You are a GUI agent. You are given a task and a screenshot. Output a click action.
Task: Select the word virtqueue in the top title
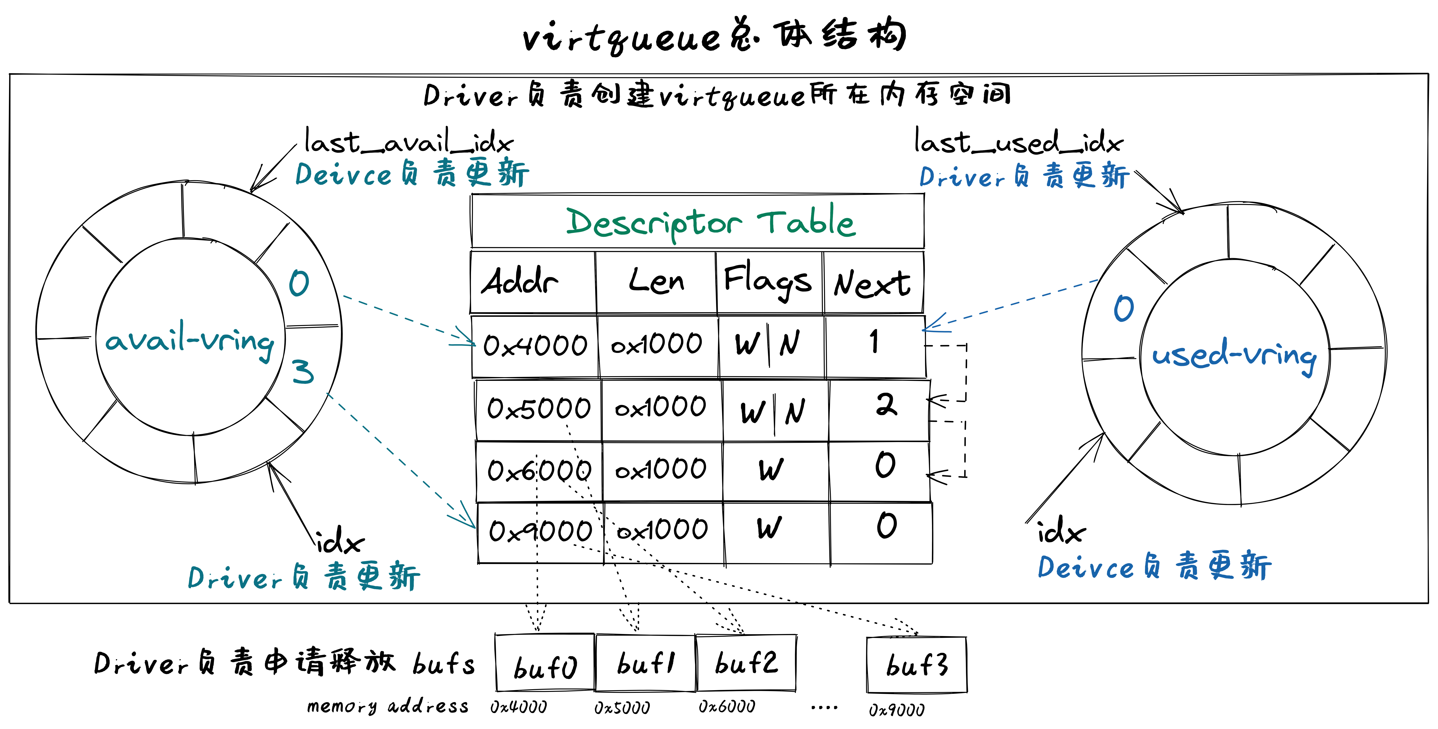click(622, 38)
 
